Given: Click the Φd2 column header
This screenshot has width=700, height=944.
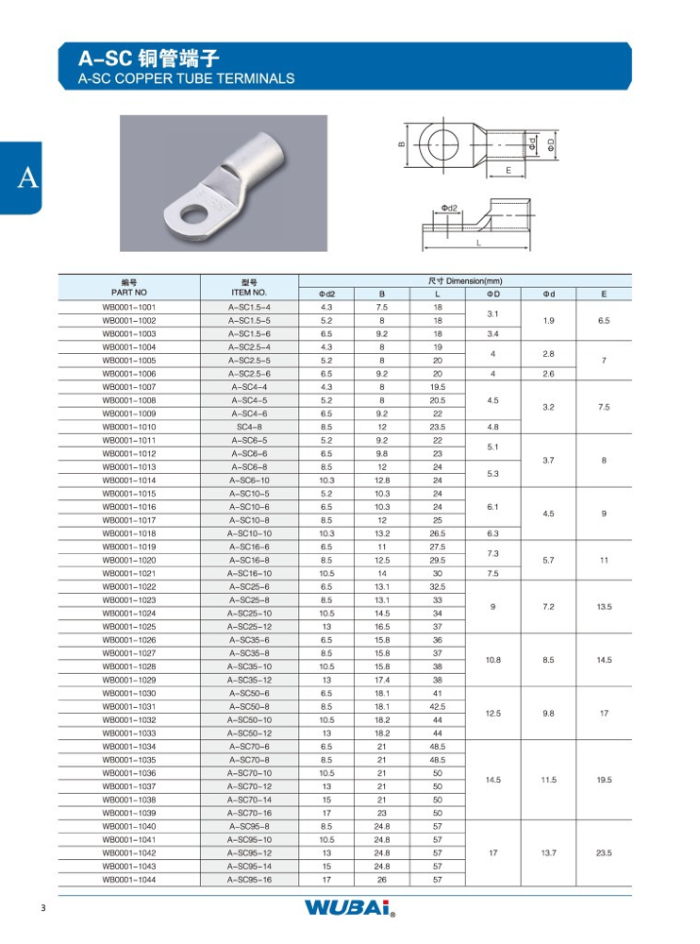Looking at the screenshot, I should tap(326, 295).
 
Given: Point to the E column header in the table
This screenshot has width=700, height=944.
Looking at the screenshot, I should tap(604, 295).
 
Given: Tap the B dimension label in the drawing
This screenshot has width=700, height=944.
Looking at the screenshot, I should tap(400, 144).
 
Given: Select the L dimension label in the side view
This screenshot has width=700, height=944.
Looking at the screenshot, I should tap(478, 244).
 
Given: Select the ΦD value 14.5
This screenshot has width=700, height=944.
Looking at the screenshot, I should tap(492, 780).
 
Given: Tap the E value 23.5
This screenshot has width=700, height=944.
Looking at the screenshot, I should tap(604, 852).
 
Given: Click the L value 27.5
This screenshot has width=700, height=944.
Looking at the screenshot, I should tap(438, 547).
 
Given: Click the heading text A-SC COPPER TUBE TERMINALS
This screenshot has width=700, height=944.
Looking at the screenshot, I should tap(187, 79).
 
